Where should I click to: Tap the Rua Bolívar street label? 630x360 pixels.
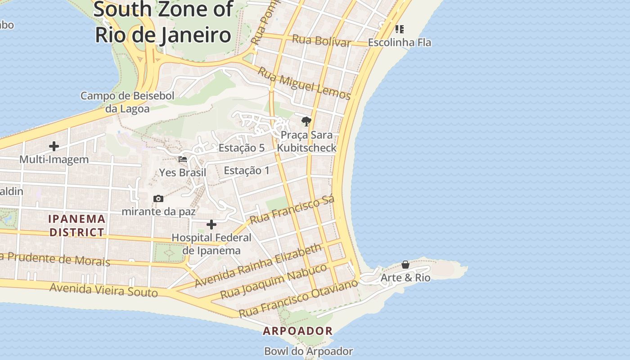pos(321,40)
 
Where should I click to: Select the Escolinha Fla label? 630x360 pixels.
pos(399,42)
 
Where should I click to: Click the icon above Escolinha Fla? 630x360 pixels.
pos(399,29)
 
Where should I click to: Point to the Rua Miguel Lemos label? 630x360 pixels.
pos(304,83)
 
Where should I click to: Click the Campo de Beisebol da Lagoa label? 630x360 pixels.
pos(127,102)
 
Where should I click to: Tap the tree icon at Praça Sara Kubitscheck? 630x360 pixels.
pos(306,121)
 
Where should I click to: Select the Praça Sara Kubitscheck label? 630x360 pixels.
pos(306,141)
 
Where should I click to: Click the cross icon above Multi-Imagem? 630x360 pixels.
pos(54,146)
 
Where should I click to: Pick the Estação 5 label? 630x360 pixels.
pos(241,148)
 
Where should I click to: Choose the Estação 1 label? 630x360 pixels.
pos(247,171)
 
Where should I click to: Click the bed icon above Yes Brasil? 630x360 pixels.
pos(183,159)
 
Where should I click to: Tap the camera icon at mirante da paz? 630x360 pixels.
pos(158,198)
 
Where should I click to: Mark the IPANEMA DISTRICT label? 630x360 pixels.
pos(77,225)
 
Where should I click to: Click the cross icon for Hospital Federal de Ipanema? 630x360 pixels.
pos(211,225)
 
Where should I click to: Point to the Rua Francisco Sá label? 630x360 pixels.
pos(292,210)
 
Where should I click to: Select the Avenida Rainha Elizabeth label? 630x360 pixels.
pos(259,265)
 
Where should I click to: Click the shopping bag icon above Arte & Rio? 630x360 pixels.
pos(405,265)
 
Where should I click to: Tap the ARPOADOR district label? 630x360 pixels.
pos(298,331)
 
